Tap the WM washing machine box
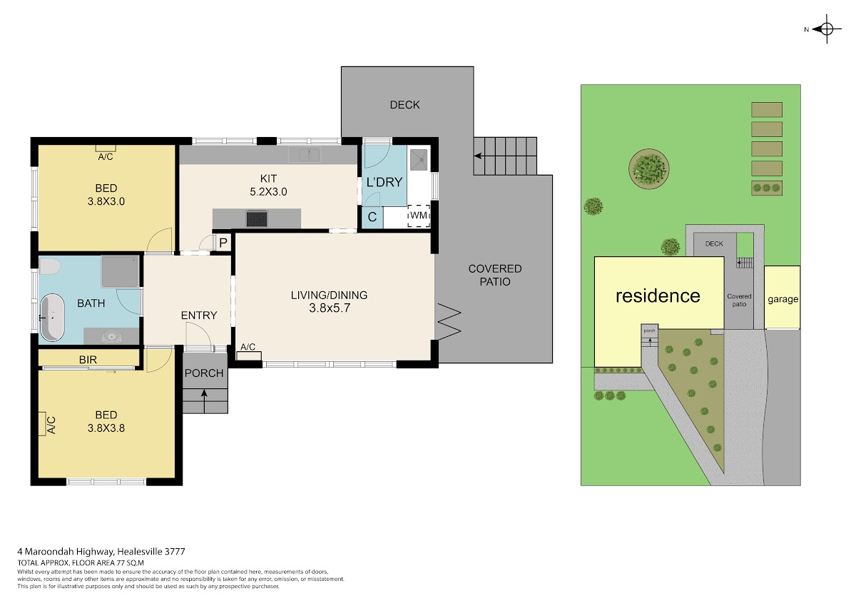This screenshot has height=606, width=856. tap(419, 216)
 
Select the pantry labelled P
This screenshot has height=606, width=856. tap(223, 243)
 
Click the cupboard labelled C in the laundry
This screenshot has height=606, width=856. tap(372, 217)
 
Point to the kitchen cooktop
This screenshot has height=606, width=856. tap(257, 218)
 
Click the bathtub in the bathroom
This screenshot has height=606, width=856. tap(52, 318)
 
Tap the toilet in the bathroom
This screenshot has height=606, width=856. tap(49, 266)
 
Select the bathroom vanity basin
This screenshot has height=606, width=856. tap(111, 336)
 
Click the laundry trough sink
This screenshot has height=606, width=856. tap(419, 159)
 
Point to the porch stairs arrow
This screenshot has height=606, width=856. tap(204, 401)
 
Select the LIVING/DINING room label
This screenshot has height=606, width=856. tap(329, 296)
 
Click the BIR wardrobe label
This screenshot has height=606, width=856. tap(88, 360)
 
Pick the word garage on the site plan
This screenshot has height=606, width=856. tap(783, 299)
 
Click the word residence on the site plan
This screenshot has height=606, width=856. tap(658, 296)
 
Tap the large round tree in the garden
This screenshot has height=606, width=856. tap(649, 168)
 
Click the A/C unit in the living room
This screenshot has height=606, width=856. tap(249, 356)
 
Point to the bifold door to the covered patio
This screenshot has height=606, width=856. tap(448, 321)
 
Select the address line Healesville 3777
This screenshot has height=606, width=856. tap(151, 552)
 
